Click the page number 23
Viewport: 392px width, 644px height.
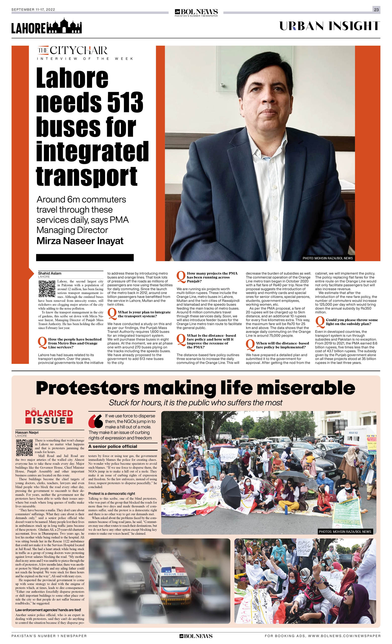(376, 10)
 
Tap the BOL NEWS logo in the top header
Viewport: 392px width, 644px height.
(196, 12)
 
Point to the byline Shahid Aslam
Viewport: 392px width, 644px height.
(50, 273)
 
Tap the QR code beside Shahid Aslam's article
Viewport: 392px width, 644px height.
(47, 289)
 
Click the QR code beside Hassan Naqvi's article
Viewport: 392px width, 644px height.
(24, 448)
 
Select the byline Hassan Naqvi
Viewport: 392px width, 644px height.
(27, 432)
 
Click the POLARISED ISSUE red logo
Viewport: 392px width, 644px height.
(49, 416)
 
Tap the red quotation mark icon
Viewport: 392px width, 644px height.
(96, 421)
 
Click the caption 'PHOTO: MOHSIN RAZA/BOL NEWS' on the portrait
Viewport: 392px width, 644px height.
(327, 258)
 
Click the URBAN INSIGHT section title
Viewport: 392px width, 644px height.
(329, 26)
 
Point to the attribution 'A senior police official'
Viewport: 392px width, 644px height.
(113, 446)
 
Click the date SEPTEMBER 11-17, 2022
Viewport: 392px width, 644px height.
(33, 10)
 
